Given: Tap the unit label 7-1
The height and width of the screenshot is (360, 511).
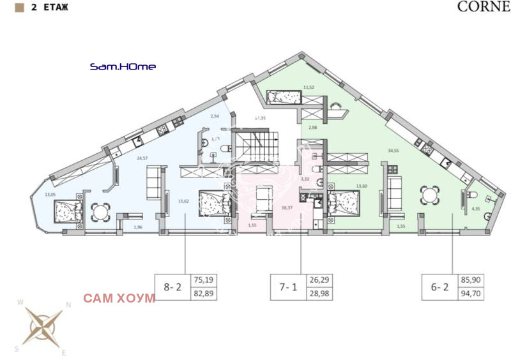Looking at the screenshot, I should [289, 287].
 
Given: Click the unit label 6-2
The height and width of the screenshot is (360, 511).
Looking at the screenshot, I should [439, 287].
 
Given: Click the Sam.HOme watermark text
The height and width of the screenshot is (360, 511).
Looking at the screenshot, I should [123, 66].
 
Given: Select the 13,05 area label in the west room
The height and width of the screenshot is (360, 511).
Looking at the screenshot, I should [50, 195].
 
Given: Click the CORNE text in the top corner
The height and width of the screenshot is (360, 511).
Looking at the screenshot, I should [484, 8].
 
